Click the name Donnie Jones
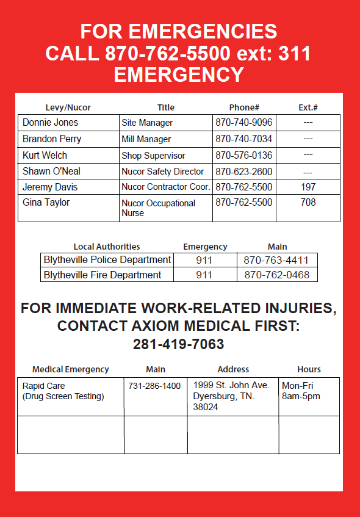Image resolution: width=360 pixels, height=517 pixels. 51,123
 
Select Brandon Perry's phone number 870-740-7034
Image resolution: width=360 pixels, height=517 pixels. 243,139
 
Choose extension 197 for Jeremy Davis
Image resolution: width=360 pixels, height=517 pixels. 308,187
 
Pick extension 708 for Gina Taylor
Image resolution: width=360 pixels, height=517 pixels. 308,202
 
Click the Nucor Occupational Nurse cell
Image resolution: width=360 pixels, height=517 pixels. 158,208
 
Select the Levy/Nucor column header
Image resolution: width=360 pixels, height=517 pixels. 68,107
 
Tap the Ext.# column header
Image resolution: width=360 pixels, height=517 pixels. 308,107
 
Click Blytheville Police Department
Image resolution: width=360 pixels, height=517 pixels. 107,260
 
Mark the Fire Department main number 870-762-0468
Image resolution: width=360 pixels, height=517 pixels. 277,275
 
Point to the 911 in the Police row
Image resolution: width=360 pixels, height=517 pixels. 204,260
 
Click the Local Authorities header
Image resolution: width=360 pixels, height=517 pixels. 107,247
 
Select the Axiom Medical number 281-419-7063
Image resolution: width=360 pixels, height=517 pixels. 179,344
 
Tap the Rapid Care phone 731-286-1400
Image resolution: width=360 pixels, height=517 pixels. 154,386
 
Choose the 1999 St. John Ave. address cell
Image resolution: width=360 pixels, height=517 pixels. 231,396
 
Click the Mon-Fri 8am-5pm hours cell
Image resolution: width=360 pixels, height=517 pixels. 301,391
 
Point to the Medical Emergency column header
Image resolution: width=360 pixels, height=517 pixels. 71,369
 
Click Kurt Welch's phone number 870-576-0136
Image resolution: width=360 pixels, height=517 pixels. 243,156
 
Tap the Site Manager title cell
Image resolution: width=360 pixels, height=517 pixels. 147,123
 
